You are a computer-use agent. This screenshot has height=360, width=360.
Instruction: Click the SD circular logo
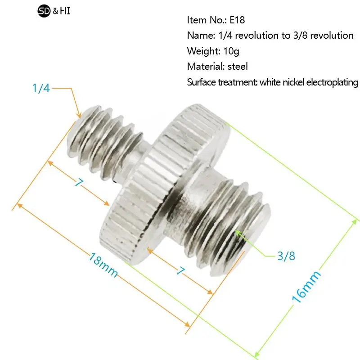pos(44,11)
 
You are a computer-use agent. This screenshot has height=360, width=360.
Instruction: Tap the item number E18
pos(237,20)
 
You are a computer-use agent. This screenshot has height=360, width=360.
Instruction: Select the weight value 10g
pos(231,51)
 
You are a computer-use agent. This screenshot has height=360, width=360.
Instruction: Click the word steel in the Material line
pos(238,66)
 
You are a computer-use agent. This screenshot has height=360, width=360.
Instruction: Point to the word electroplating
pos(332,82)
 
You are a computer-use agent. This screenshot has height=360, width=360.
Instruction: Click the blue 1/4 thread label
pos(41,88)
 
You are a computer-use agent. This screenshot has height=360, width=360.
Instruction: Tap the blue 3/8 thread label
pos(286,256)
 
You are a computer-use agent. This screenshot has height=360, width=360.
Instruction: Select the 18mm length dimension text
pos(103,265)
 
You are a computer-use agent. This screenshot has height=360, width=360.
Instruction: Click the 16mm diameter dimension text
pos(306,287)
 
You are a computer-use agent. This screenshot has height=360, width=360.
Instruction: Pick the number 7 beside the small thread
pos(79,183)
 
